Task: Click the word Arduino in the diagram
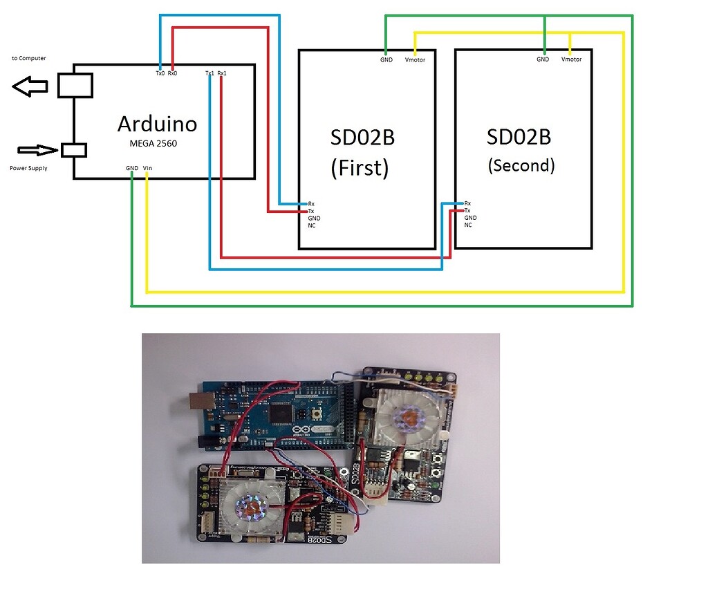point(157,124)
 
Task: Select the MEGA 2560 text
point(157,144)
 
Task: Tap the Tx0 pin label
point(160,73)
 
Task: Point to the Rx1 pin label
point(221,73)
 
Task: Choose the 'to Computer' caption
point(29,59)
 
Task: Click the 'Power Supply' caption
point(28,168)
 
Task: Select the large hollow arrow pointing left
point(30,86)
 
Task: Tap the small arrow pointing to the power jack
point(38,149)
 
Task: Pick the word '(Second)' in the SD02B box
point(521,165)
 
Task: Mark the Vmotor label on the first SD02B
point(415,60)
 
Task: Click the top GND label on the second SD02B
point(543,59)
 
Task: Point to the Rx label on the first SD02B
point(311,204)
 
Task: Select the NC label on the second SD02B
point(468,225)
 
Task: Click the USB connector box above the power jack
point(74,85)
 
